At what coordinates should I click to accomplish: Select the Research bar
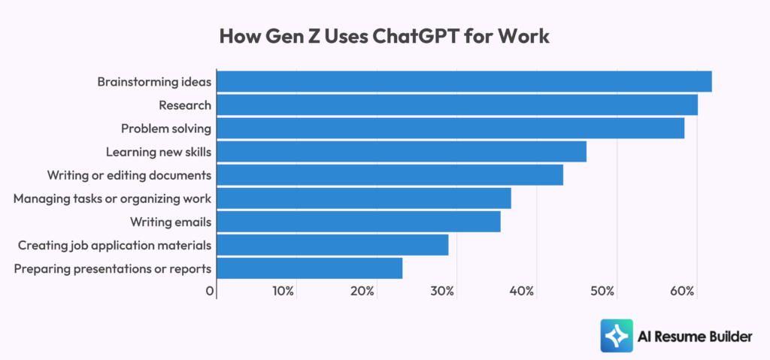[x=457, y=104]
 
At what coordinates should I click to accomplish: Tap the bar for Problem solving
[x=450, y=129]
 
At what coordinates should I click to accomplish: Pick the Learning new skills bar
[x=402, y=152]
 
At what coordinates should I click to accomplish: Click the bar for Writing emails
[x=359, y=222]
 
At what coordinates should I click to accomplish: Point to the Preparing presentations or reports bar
[x=310, y=268]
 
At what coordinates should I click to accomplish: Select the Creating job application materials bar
[x=332, y=245]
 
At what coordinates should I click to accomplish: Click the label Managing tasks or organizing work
[x=112, y=198]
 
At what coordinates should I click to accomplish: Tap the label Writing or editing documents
[x=129, y=175]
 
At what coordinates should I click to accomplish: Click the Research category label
[x=185, y=105]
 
